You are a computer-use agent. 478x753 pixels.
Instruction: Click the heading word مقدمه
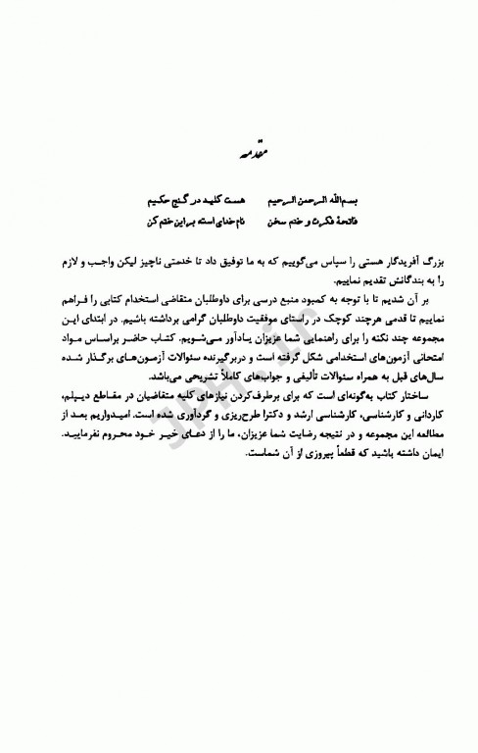[x=240, y=154]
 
